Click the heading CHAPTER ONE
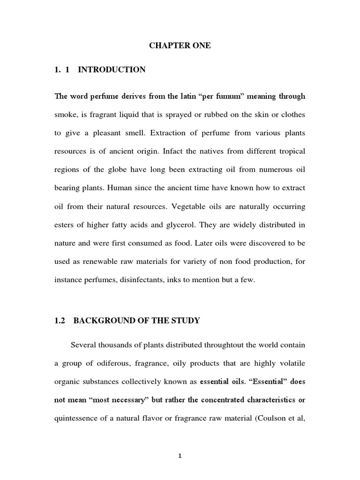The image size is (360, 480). click(180, 45)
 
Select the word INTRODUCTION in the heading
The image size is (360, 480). click(112, 70)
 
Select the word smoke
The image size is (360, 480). click(65, 115)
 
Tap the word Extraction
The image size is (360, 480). click(165, 133)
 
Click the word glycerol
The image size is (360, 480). click(179, 225)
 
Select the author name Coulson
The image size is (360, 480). click(275, 418)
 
